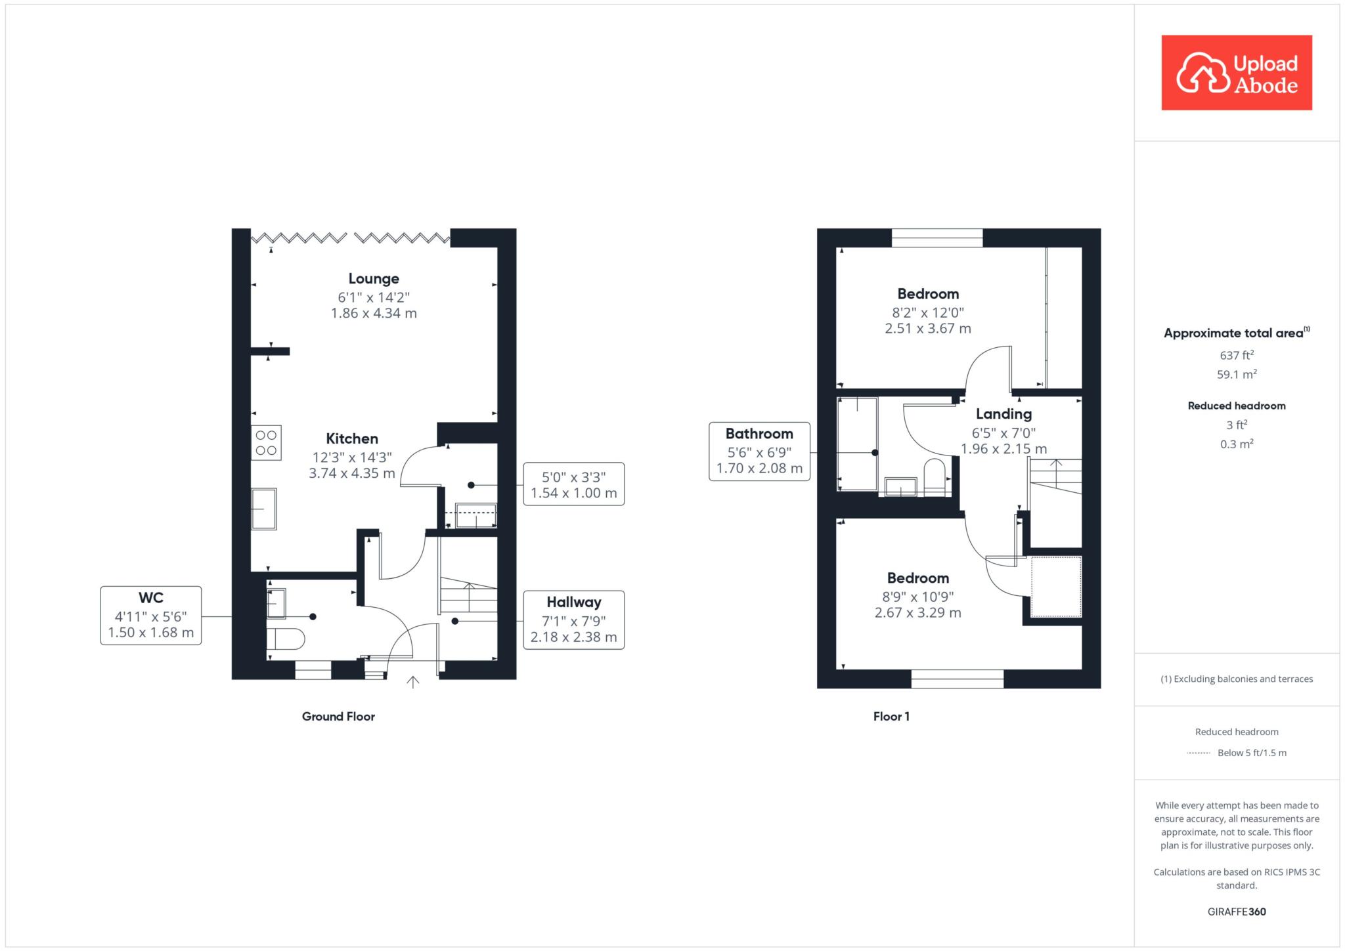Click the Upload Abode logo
(x=1237, y=73)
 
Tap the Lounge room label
(x=374, y=279)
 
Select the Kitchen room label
(x=352, y=438)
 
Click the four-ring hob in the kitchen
(x=266, y=442)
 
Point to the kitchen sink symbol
(x=264, y=509)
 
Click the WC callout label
(x=151, y=616)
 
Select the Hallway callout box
(x=574, y=620)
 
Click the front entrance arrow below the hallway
(x=412, y=682)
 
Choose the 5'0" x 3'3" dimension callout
(x=574, y=484)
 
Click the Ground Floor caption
(x=338, y=717)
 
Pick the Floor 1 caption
(x=891, y=717)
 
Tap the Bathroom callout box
(x=759, y=452)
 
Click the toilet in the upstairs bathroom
(x=934, y=476)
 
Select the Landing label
(x=1003, y=413)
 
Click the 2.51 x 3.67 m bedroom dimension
(x=928, y=328)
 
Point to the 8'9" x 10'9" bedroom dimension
(x=917, y=597)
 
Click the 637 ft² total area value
(x=1237, y=355)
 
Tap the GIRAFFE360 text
(x=1237, y=912)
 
